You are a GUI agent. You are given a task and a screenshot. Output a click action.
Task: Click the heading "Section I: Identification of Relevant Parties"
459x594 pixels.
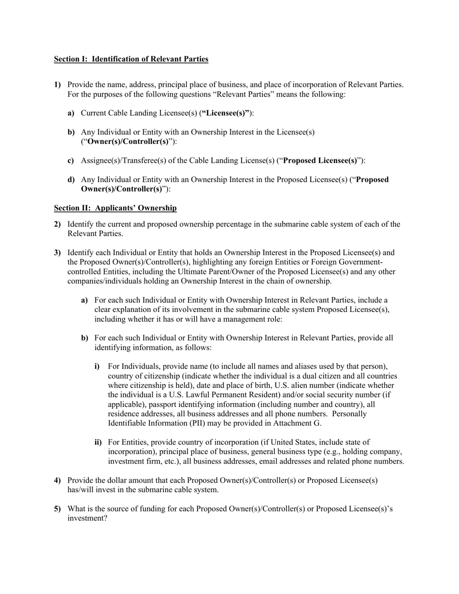click(131, 59)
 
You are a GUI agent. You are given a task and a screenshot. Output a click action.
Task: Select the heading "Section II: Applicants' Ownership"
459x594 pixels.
click(115, 208)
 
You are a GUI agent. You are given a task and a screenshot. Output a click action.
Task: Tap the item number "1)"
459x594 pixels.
click(57, 85)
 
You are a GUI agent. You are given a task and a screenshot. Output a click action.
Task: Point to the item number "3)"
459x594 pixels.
click(57, 253)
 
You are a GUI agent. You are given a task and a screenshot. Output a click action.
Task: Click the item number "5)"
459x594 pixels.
click(57, 509)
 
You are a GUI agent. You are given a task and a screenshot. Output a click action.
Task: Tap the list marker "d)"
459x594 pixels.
click(71, 180)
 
